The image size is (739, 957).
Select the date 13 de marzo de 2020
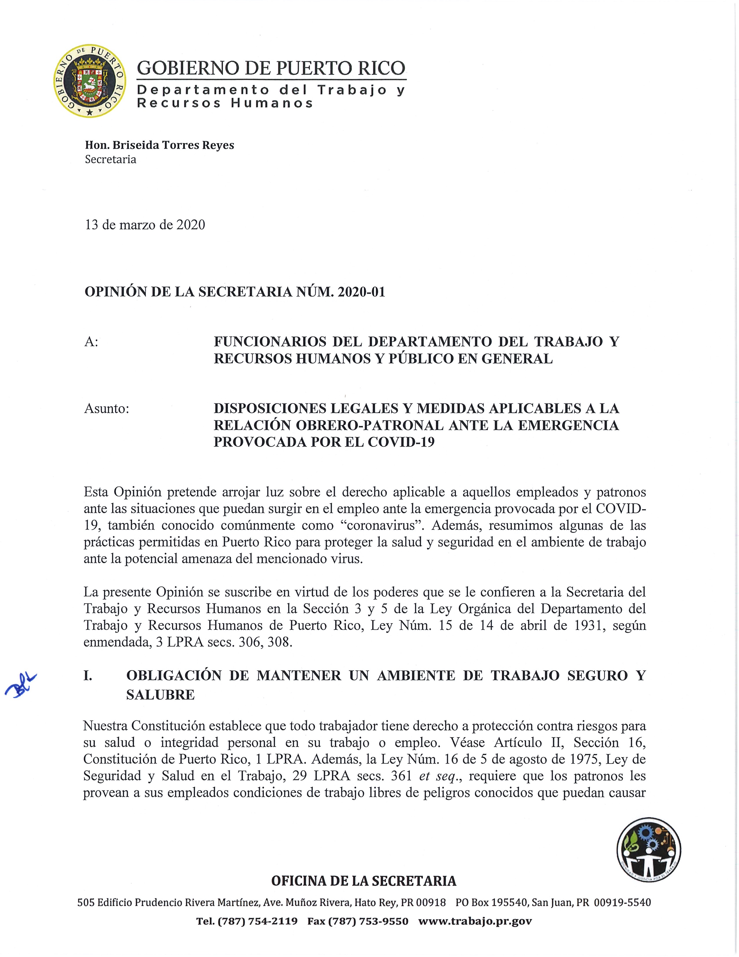[145, 225]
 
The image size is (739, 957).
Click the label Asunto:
[106, 408]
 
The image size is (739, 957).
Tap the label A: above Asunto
[91, 342]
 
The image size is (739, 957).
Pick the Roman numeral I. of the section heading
[88, 676]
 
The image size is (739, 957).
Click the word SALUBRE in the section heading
[160, 695]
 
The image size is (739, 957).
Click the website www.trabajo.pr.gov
[475, 921]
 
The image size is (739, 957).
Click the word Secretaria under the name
[110, 159]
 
